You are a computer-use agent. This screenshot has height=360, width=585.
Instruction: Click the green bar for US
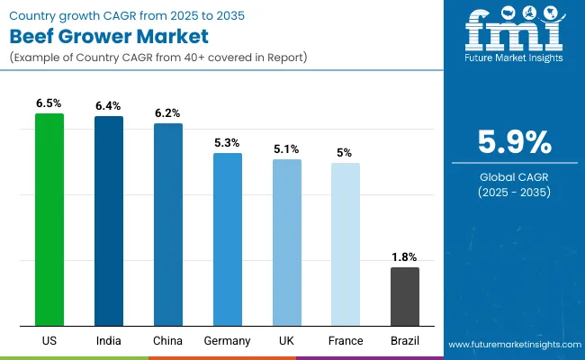click(49, 220)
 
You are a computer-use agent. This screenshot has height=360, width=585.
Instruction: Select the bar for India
click(109, 221)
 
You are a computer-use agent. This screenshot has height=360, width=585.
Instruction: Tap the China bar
click(168, 225)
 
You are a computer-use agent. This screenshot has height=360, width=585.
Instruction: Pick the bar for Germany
click(228, 239)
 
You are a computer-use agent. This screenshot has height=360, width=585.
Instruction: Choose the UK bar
click(287, 243)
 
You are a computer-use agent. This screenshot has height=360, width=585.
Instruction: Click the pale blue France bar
click(346, 245)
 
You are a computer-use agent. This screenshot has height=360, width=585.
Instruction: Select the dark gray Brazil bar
click(405, 297)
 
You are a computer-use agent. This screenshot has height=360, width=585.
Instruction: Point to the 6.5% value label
click(49, 103)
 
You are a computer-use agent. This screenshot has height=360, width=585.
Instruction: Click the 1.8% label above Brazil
click(405, 257)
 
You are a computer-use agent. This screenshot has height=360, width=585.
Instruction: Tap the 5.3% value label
click(228, 143)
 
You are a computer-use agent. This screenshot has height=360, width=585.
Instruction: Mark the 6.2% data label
click(168, 113)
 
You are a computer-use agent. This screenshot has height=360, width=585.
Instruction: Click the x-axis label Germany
click(228, 341)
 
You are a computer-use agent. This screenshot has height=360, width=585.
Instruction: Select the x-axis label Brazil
click(405, 341)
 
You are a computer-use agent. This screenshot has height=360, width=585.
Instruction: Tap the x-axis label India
click(109, 341)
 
